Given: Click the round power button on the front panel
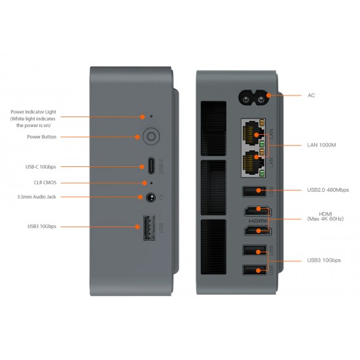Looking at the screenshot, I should click(x=151, y=137).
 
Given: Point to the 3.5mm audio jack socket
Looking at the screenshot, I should click(x=151, y=196).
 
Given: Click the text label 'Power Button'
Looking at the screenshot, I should click(x=42, y=137).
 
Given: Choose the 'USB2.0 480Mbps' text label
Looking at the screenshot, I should click(x=328, y=190).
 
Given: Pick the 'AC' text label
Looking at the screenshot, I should click(x=312, y=95).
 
